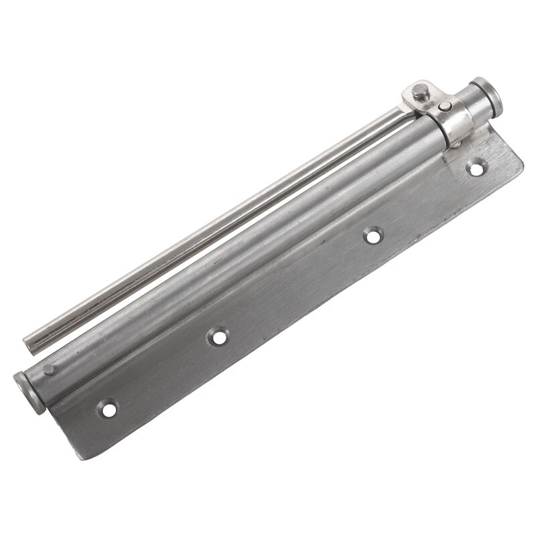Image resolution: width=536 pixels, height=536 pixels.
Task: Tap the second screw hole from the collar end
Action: point(373,234)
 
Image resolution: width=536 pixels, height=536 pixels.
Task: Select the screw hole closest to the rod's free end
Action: point(107,407)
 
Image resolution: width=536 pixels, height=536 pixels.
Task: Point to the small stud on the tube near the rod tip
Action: point(48,369)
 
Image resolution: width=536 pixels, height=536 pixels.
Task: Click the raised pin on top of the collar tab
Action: point(421,92)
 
